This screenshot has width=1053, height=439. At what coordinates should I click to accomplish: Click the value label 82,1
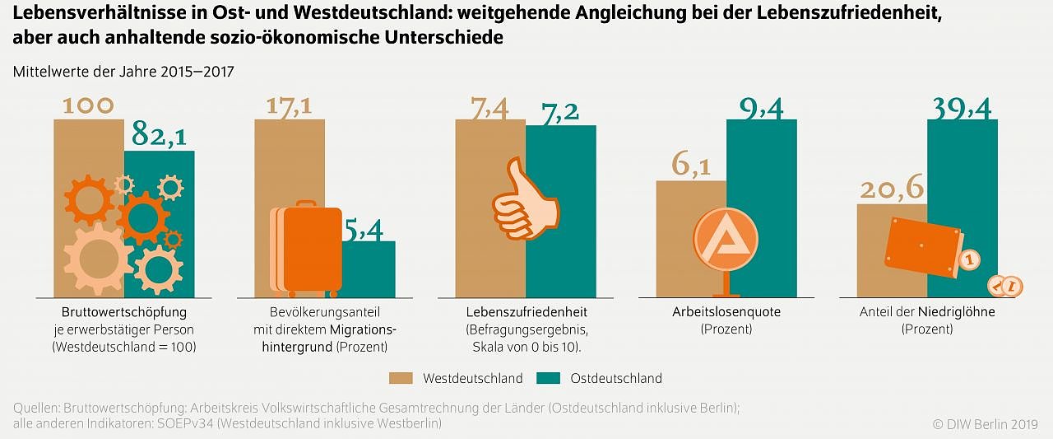tap(163, 135)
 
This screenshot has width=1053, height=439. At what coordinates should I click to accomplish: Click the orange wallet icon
tap(921, 249)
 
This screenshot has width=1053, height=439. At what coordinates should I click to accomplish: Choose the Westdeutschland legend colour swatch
tap(401, 379)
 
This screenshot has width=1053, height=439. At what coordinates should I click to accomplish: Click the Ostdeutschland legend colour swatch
tap(548, 379)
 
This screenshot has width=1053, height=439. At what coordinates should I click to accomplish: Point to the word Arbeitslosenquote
tap(726, 312)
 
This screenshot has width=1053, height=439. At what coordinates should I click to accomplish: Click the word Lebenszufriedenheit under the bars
tap(526, 312)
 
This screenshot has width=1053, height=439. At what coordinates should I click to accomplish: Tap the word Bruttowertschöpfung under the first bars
tap(124, 312)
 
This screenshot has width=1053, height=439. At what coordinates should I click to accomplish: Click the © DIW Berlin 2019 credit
tap(985, 423)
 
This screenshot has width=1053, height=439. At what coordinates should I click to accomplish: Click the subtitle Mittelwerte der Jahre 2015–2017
tap(123, 72)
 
